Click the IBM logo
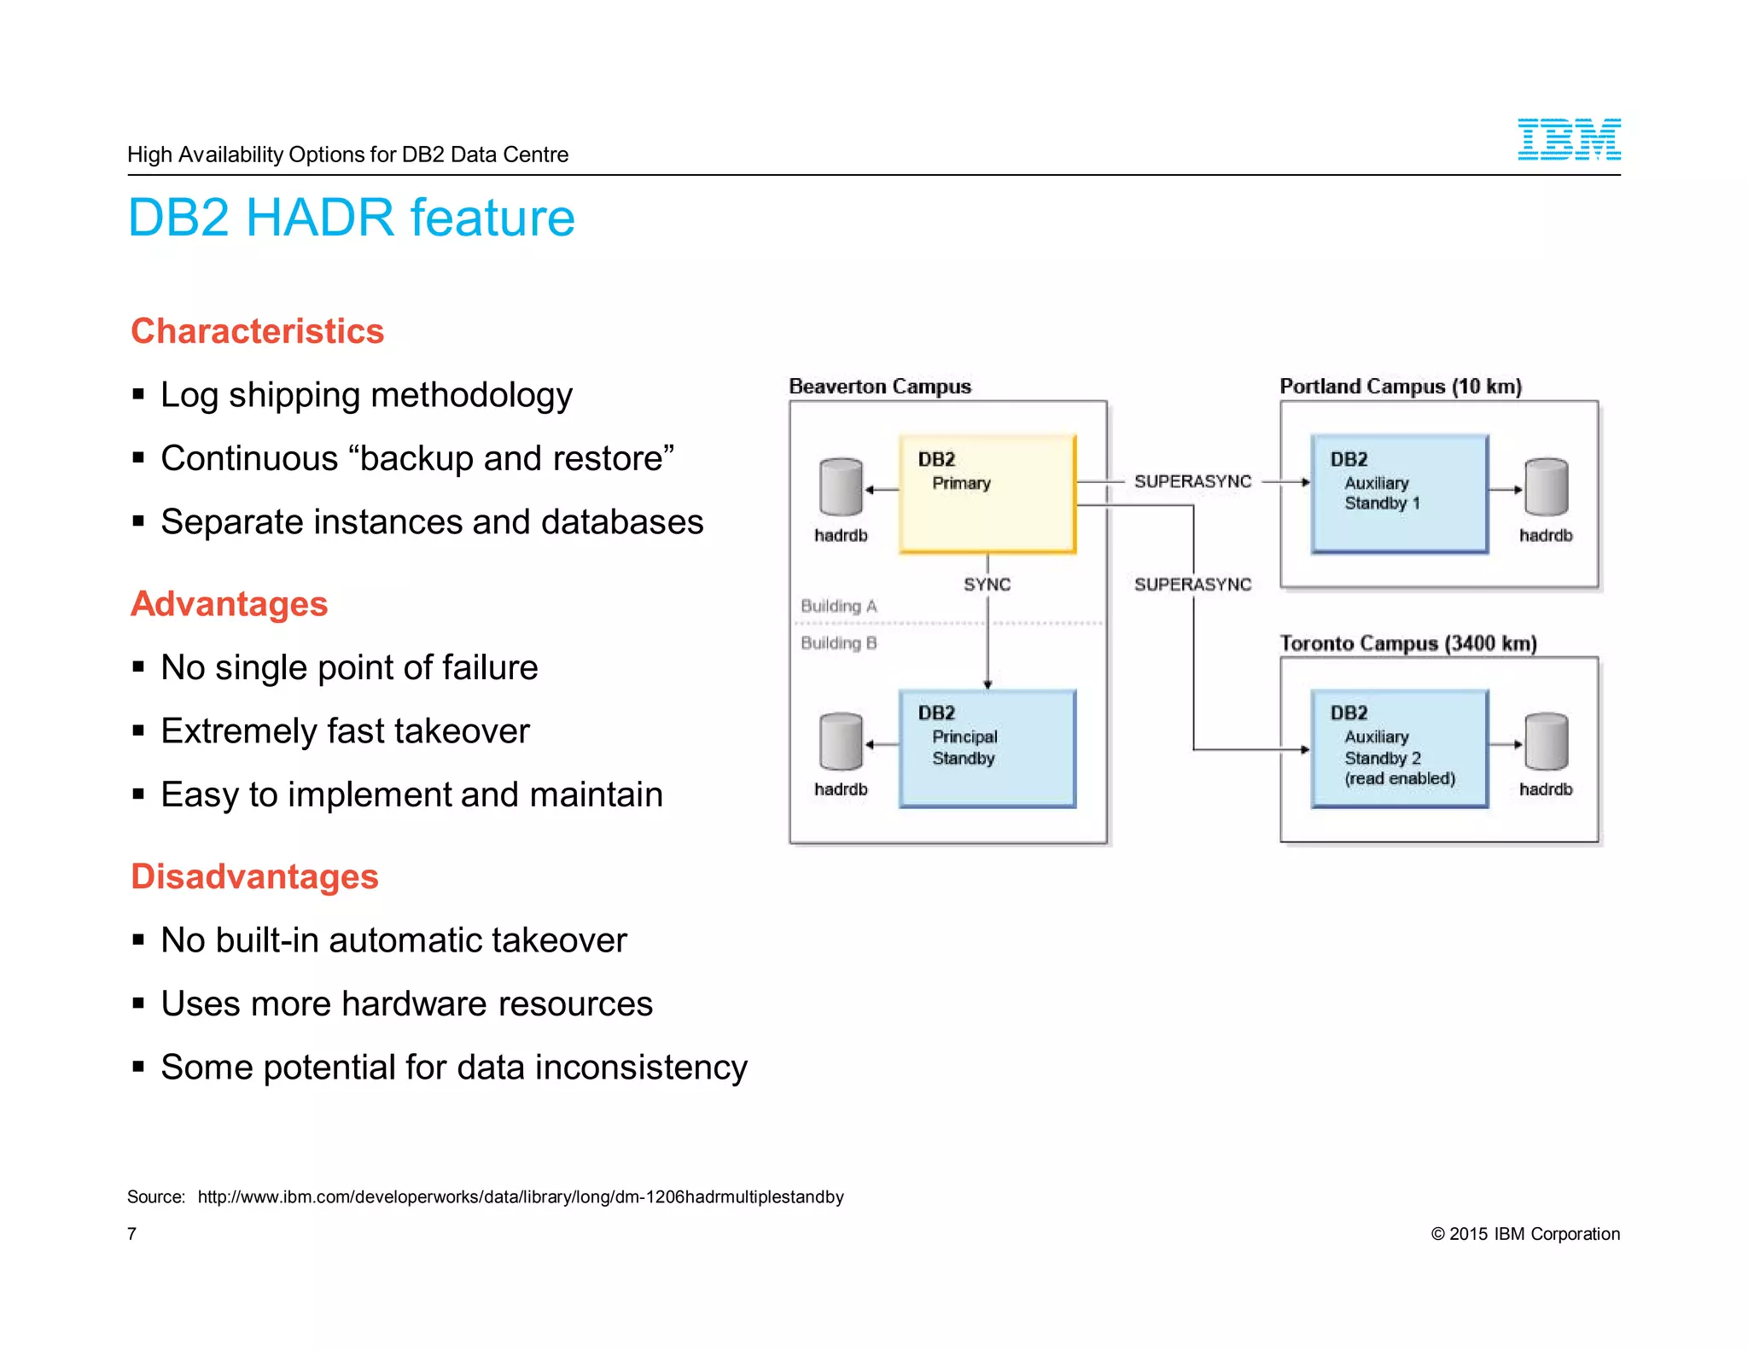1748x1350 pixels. pyautogui.click(x=1568, y=139)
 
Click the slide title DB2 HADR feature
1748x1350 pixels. pyautogui.click(x=351, y=218)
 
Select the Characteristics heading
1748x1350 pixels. pyautogui.click(x=257, y=331)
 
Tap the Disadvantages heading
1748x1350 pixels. pyautogui.click(x=254, y=876)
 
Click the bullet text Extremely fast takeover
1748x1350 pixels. pyautogui.click(x=345, y=731)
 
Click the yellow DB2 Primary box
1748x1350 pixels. pyautogui.click(x=987, y=494)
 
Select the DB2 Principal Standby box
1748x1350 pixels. pyautogui.click(x=987, y=748)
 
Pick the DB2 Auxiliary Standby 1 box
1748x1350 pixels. pyautogui.click(x=1400, y=494)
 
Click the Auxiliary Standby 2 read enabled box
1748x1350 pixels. pyautogui.click(x=1400, y=748)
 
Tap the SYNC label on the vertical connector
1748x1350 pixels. pyautogui.click(x=987, y=585)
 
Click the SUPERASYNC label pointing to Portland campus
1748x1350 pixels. pyautogui.click(x=1192, y=481)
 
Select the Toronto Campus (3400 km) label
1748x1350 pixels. pyautogui.click(x=1407, y=643)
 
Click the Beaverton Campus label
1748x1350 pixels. pyautogui.click(x=879, y=387)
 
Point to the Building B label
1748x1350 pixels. pyautogui.click(x=838, y=643)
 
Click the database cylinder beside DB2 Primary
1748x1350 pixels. pyautogui.click(x=841, y=487)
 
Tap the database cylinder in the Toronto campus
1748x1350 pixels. pyautogui.click(x=1546, y=742)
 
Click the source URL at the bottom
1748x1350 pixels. pyautogui.click(x=520, y=1196)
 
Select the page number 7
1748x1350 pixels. pyautogui.click(x=131, y=1234)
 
